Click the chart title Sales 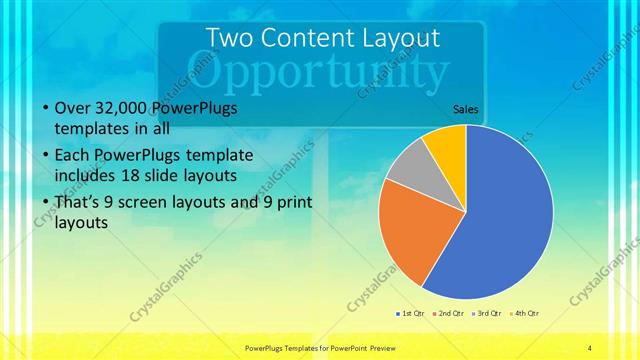click(x=466, y=108)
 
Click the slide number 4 click(x=589, y=347)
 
